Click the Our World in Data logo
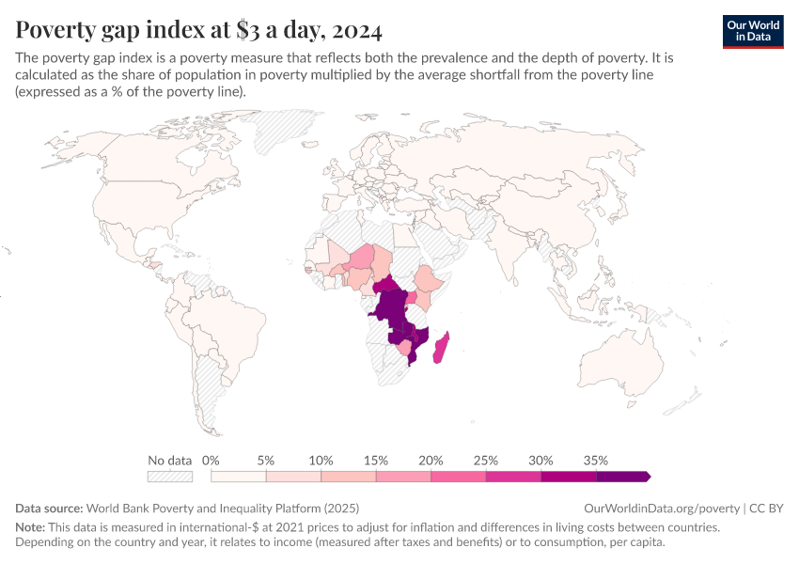[752, 31]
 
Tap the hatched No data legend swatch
[171, 477]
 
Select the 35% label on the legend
[596, 461]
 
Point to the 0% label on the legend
[211, 461]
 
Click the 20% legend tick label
[431, 461]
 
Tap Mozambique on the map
[419, 342]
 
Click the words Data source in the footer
[50, 508]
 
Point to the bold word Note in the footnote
[32, 527]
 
